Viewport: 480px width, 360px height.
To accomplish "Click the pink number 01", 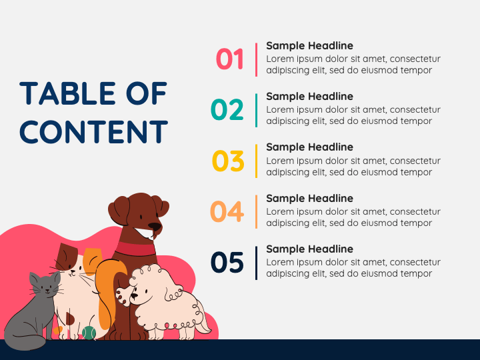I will tap(230, 59).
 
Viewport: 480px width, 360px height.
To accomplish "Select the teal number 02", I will tap(227, 110).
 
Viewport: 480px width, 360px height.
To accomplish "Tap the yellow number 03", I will tap(228, 161).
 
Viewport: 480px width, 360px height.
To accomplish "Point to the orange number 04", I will tap(227, 211).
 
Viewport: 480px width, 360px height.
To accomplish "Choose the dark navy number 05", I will tap(227, 263).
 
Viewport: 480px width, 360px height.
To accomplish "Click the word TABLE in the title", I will tap(63, 94).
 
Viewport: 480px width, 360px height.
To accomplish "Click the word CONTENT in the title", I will tap(93, 132).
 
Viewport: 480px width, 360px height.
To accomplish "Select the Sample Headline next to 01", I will tap(309, 46).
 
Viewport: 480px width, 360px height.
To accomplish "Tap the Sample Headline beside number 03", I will tap(309, 147).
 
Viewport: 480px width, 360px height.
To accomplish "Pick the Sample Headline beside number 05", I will tap(309, 249).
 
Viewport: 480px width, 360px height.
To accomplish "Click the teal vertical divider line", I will tap(256, 110).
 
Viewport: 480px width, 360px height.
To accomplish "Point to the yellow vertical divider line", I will tap(256, 161).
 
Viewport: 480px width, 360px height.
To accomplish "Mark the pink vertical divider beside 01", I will tap(256, 59).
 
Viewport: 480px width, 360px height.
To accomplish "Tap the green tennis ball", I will tap(89, 332).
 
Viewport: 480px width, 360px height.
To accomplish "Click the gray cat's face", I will tap(45, 287).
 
